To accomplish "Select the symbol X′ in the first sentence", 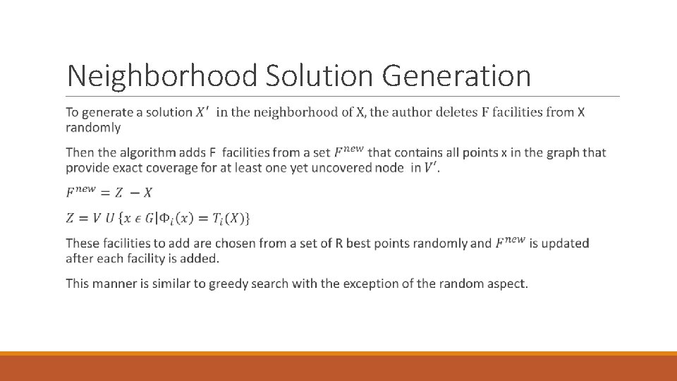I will (x=202, y=111).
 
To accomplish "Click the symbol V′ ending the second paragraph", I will (x=430, y=168).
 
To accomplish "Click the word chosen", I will (x=238, y=243).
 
